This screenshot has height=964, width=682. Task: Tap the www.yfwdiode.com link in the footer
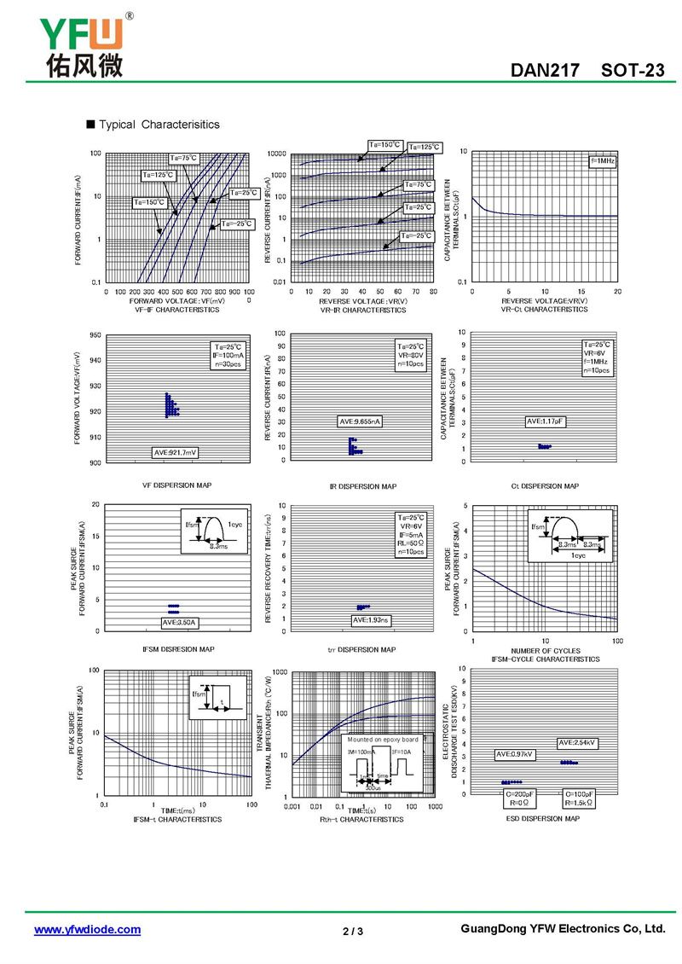click(87, 929)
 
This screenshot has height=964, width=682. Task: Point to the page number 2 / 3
click(353, 931)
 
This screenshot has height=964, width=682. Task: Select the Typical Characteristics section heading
click(159, 125)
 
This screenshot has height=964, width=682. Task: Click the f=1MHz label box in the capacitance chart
click(602, 161)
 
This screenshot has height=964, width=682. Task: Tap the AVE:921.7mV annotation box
click(176, 452)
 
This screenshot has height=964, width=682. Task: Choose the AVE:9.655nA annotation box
click(361, 421)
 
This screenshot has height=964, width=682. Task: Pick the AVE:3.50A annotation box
click(179, 622)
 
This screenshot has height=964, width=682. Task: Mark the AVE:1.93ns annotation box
click(371, 620)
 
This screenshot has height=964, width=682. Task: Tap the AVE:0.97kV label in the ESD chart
click(515, 755)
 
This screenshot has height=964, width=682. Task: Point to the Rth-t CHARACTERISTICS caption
click(361, 819)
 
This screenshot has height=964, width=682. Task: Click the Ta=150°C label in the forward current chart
click(148, 202)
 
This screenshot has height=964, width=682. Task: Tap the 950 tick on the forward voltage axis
click(95, 335)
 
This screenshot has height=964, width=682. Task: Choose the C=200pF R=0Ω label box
click(516, 799)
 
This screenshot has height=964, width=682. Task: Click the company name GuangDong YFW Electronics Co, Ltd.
click(562, 928)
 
